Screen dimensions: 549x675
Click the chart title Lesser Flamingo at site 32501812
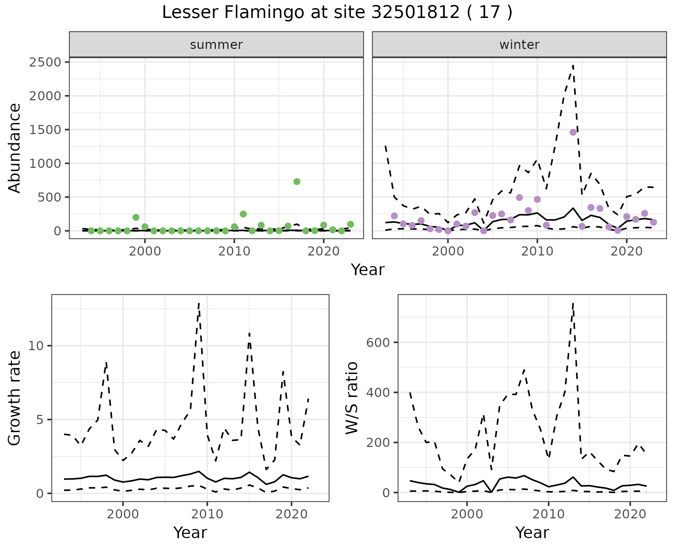(337, 13)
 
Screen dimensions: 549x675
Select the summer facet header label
(216, 45)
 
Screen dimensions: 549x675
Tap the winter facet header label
(519, 45)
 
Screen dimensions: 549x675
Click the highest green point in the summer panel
(297, 182)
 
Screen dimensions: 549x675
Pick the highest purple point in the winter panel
(573, 132)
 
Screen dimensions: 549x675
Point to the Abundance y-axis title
(15, 148)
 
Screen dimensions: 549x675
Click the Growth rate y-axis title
(15, 398)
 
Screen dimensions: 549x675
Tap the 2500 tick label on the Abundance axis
(45, 62)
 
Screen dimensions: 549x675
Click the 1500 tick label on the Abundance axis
(45, 130)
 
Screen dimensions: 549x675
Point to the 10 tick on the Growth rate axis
(36, 346)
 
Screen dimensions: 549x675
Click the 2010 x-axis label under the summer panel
(234, 252)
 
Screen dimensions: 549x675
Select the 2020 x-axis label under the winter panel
(626, 252)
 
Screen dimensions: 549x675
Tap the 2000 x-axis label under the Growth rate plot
(123, 514)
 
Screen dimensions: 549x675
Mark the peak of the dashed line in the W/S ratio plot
(573, 303)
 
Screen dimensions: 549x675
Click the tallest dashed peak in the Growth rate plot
(199, 303)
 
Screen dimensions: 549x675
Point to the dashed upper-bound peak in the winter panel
(573, 66)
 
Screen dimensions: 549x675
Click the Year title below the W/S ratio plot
(532, 533)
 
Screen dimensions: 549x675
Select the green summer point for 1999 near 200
(136, 217)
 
